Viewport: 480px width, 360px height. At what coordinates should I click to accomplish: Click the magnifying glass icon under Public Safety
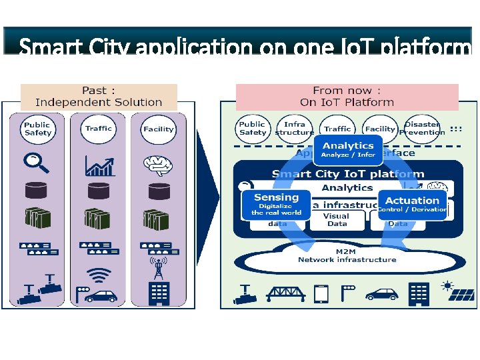point(35,161)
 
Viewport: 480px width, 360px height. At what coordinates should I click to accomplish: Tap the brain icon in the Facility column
point(158,163)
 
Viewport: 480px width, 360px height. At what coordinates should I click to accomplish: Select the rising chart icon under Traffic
point(99,163)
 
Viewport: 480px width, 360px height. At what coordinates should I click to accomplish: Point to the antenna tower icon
point(158,268)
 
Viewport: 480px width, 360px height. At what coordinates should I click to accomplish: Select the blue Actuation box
point(412,204)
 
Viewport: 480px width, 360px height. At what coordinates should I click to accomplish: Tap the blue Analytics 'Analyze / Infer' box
point(348,149)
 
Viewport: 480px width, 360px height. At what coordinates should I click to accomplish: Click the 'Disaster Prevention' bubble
point(422,128)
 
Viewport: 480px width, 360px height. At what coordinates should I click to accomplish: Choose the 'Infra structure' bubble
point(295,128)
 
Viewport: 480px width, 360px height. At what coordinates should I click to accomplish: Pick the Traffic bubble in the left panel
point(99,128)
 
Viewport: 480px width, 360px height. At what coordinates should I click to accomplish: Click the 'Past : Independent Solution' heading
point(99,97)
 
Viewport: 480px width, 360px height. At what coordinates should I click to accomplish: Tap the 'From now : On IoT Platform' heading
point(347,97)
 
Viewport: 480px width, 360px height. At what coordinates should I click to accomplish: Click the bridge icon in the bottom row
point(285,293)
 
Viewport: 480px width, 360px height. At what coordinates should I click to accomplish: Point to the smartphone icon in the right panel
point(321,293)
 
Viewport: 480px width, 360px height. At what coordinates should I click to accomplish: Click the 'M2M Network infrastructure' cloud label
point(347,255)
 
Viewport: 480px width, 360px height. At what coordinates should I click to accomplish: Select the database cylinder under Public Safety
point(36,190)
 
